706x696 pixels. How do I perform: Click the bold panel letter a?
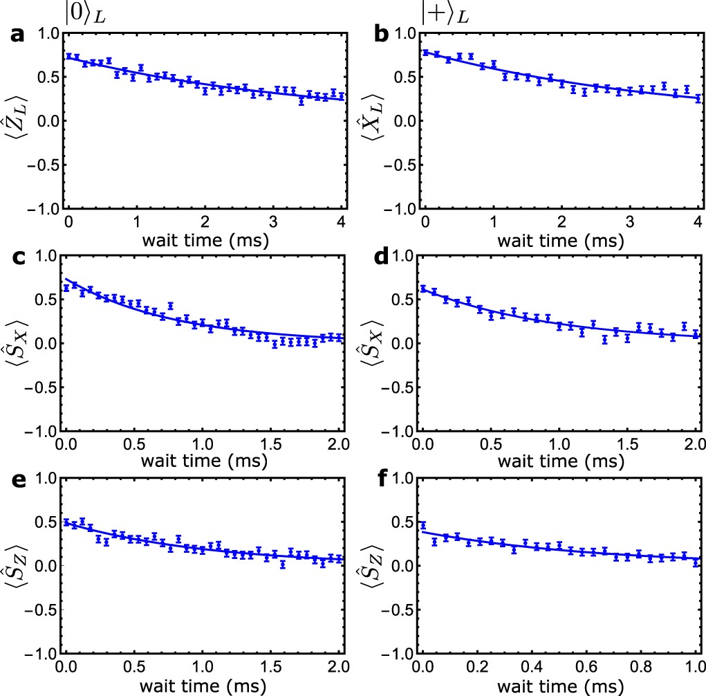tap(16, 35)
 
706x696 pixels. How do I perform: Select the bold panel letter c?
tap(16, 257)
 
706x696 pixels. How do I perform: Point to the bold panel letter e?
tap(16, 479)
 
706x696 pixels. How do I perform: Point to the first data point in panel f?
tap(423, 526)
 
